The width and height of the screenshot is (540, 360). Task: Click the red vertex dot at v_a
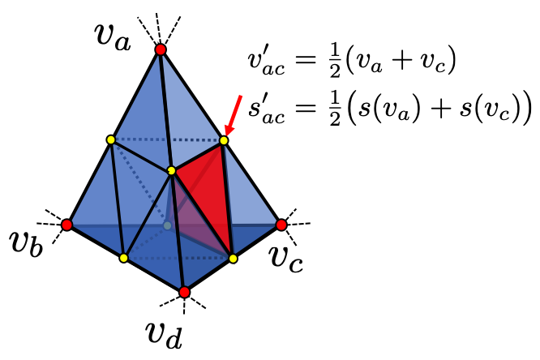click(x=161, y=50)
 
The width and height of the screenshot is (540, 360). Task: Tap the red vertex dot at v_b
click(x=67, y=224)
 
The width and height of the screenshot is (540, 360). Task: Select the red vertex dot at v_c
click(x=281, y=224)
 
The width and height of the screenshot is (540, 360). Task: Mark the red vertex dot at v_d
click(x=185, y=292)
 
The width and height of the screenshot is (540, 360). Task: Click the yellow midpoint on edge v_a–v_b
click(x=111, y=139)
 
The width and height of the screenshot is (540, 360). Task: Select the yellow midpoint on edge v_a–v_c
click(x=225, y=140)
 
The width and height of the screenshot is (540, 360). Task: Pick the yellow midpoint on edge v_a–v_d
click(x=171, y=170)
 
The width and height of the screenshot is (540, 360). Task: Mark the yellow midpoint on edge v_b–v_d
click(x=123, y=258)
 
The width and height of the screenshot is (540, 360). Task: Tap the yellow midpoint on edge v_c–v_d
click(x=234, y=258)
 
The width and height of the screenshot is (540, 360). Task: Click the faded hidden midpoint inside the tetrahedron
click(x=166, y=225)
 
